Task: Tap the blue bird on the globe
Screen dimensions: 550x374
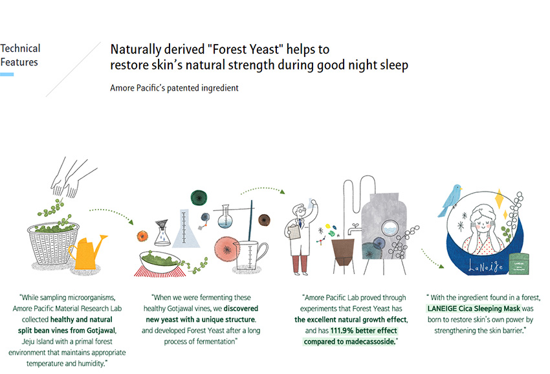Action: (450, 200)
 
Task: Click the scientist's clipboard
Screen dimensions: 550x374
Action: (294, 231)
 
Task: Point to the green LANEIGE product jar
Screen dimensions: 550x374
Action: (519, 263)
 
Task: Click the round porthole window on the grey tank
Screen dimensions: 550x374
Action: (390, 228)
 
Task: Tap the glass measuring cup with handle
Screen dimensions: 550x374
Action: (250, 255)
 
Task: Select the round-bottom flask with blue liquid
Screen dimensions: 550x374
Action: (225, 217)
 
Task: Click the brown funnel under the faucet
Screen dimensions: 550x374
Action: (343, 252)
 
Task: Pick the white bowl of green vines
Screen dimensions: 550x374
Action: (160, 261)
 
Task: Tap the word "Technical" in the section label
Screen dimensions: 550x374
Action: (20, 49)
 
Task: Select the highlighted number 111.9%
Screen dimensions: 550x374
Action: (342, 331)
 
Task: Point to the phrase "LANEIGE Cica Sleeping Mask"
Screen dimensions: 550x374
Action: (474, 309)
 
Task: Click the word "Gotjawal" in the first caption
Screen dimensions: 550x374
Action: (101, 331)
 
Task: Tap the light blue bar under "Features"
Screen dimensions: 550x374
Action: (7, 74)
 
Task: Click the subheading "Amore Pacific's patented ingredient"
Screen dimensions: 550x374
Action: (174, 88)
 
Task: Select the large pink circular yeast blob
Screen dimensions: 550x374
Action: (227, 250)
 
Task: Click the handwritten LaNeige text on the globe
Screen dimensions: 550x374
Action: (486, 267)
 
